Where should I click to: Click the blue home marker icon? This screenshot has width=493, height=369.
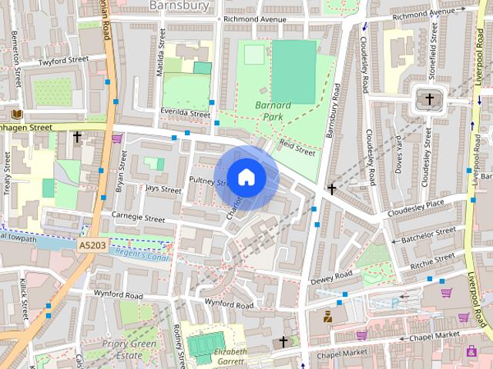[246, 177]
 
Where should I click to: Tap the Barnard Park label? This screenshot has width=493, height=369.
[273, 111]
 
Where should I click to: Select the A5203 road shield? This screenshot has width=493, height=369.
[92, 244]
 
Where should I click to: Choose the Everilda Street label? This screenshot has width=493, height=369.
[185, 114]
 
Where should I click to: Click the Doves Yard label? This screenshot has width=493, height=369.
[398, 154]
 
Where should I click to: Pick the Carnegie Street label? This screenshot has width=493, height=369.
[139, 218]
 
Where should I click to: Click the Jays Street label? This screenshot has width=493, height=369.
[163, 188]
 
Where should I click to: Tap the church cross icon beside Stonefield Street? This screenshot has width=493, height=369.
[429, 99]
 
